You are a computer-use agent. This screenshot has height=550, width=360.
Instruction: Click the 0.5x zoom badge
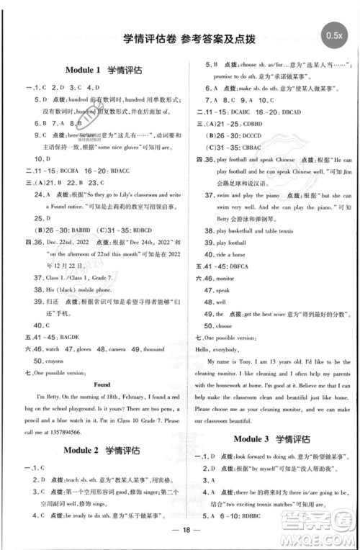click(333, 34)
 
